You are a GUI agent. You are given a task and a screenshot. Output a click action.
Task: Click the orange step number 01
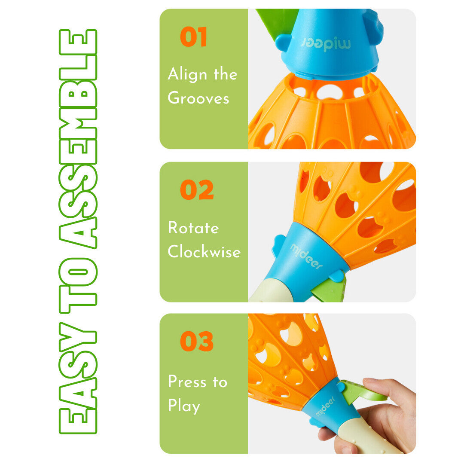click(x=193, y=37)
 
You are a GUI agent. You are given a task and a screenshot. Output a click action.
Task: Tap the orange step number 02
click(x=197, y=190)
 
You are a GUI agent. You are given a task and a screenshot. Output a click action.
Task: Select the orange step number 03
click(x=197, y=341)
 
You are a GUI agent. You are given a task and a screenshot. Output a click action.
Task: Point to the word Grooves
click(x=198, y=98)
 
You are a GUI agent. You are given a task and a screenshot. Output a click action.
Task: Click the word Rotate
click(x=193, y=228)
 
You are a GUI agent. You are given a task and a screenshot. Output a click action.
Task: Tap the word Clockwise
click(x=204, y=251)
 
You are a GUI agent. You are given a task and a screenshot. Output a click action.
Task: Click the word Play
click(x=184, y=406)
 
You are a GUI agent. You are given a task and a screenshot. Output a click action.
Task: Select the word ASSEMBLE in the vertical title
click(x=78, y=139)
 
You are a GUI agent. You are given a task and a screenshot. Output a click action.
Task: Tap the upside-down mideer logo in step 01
click(x=326, y=44)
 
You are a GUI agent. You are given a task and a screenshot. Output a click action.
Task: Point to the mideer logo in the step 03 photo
click(x=325, y=406)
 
